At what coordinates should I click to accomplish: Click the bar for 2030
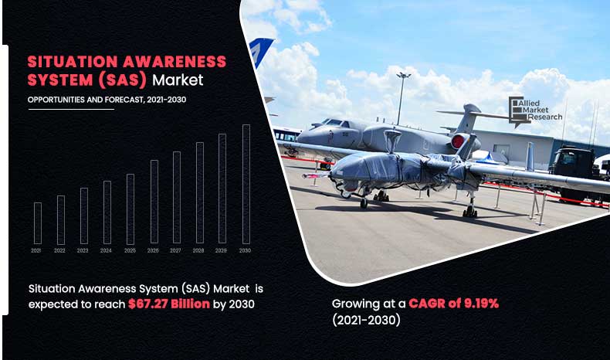(x=246, y=184)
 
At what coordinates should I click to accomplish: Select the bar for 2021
(x=38, y=223)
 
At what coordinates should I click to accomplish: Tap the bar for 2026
(x=154, y=202)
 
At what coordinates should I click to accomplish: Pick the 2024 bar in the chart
(x=107, y=212)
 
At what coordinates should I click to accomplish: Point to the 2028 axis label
(x=198, y=250)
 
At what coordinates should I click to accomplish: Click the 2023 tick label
(x=83, y=250)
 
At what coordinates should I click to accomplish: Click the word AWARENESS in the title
(x=175, y=62)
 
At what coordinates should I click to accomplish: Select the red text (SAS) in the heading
(x=122, y=80)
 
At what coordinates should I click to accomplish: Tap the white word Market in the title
(x=178, y=80)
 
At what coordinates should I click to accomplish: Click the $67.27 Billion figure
(x=169, y=304)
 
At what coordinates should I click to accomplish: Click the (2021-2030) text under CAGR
(x=366, y=320)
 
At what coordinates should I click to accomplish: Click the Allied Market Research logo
(x=535, y=111)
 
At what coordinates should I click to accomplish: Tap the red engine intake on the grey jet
(x=458, y=141)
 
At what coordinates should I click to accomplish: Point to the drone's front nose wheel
(x=364, y=202)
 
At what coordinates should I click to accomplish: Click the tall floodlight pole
(x=402, y=98)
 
